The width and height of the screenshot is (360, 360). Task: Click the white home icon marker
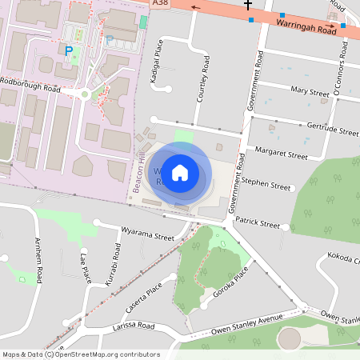click(180, 172)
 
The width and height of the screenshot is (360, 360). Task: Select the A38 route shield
click(159, 3)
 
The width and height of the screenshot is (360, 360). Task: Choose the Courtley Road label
click(206, 78)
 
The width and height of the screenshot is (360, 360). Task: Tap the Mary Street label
click(310, 91)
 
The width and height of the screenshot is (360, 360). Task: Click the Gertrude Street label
click(332, 130)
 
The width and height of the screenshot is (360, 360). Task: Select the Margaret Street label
click(281, 152)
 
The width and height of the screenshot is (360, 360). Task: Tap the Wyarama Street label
click(147, 237)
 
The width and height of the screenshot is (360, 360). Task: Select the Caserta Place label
click(144, 298)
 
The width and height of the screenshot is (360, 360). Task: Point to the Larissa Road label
click(134, 326)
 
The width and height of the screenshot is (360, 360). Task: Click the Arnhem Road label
click(38, 260)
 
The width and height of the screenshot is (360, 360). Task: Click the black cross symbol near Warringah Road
click(248, 5)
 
